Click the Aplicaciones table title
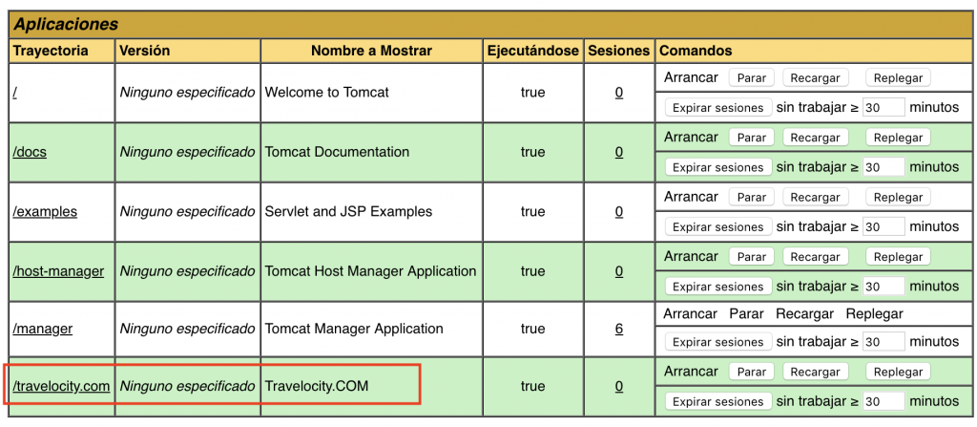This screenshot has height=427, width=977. pyautogui.click(x=66, y=24)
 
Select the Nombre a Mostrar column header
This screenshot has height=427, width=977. pyautogui.click(x=371, y=50)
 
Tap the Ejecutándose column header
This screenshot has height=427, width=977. pyautogui.click(x=532, y=50)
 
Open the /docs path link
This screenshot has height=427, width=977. pyautogui.click(x=30, y=152)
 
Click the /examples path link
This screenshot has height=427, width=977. pyautogui.click(x=45, y=211)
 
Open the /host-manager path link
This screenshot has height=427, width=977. pyautogui.click(x=58, y=271)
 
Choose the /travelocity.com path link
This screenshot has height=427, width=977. pyautogui.click(x=61, y=386)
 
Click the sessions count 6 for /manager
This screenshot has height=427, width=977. pyautogui.click(x=619, y=329)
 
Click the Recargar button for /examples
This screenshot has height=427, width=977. pyautogui.click(x=815, y=198)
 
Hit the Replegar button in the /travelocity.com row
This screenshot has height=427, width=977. pyautogui.click(x=898, y=373)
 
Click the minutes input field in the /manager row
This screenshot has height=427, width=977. pyautogui.click(x=883, y=342)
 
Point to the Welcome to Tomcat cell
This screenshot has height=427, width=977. pyautogui.click(x=326, y=93)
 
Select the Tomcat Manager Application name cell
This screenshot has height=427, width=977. pyautogui.click(x=353, y=329)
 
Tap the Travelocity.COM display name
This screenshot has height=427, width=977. pyautogui.click(x=316, y=386)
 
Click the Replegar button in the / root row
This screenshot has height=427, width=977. pyautogui.click(x=898, y=78)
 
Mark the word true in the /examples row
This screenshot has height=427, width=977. pyautogui.click(x=532, y=211)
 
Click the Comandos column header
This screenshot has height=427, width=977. pyautogui.click(x=696, y=50)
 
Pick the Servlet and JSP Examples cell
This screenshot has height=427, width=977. pyautogui.click(x=348, y=211)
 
